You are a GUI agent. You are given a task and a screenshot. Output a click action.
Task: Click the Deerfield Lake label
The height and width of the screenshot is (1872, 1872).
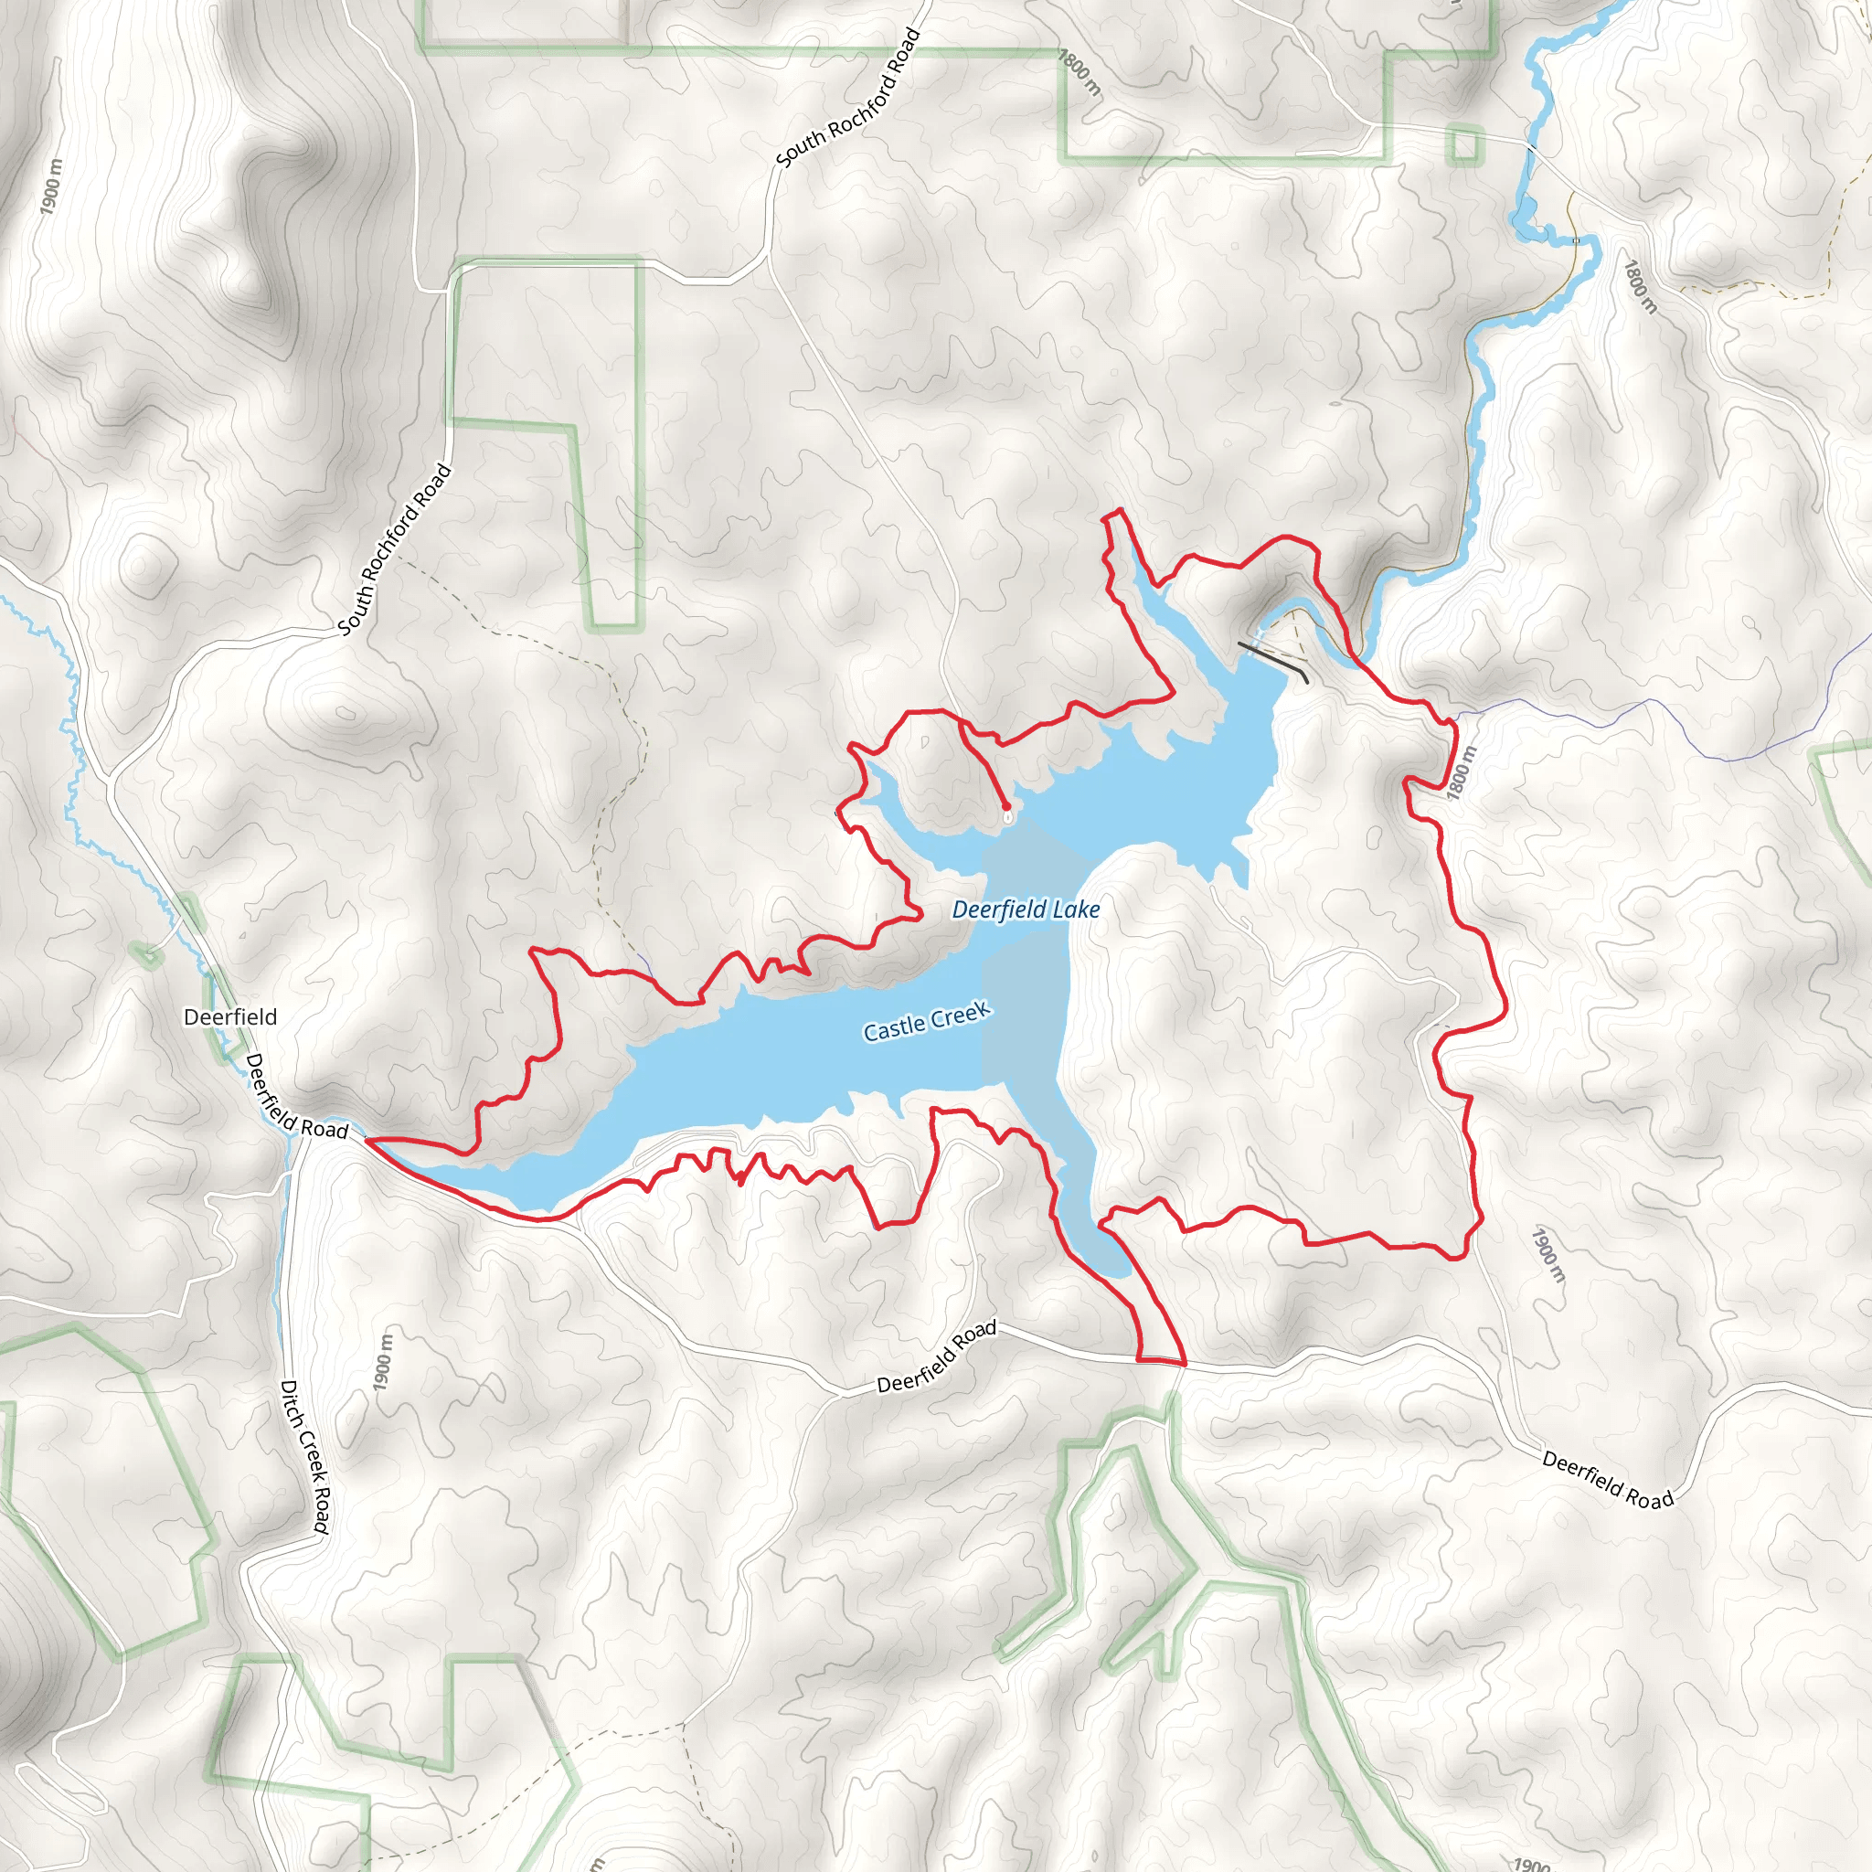1026,909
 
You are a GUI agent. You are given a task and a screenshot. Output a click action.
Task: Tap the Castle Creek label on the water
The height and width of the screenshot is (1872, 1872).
926,1021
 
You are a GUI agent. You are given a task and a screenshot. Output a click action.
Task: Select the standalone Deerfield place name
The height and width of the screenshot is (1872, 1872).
230,1016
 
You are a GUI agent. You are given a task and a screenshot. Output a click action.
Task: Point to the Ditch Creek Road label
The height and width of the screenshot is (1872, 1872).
304,1457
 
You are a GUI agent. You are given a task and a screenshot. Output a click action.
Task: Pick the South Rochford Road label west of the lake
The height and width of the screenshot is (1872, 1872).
394,549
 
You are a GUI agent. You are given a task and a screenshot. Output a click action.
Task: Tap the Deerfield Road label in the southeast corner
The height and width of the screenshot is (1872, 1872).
1608,1480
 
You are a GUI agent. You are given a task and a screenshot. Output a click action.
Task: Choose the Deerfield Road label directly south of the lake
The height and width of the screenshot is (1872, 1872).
936,1356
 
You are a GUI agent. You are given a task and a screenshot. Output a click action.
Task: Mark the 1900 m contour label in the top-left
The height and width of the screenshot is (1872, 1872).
51,186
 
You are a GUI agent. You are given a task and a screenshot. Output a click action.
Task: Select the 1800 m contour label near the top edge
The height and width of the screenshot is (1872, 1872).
1080,73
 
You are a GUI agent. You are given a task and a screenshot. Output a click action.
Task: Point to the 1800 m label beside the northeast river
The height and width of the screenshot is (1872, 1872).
1641,287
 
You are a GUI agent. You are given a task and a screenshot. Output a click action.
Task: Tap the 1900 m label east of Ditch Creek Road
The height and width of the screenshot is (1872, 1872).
384,1361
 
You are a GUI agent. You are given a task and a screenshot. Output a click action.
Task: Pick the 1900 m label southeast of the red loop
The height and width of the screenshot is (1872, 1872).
1548,1254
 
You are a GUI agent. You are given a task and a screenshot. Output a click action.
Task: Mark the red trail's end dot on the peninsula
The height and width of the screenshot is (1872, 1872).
1005,806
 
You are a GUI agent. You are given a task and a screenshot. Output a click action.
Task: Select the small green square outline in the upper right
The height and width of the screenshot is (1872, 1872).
1465,145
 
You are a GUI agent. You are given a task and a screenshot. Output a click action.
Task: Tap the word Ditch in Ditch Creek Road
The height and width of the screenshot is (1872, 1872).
290,1402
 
